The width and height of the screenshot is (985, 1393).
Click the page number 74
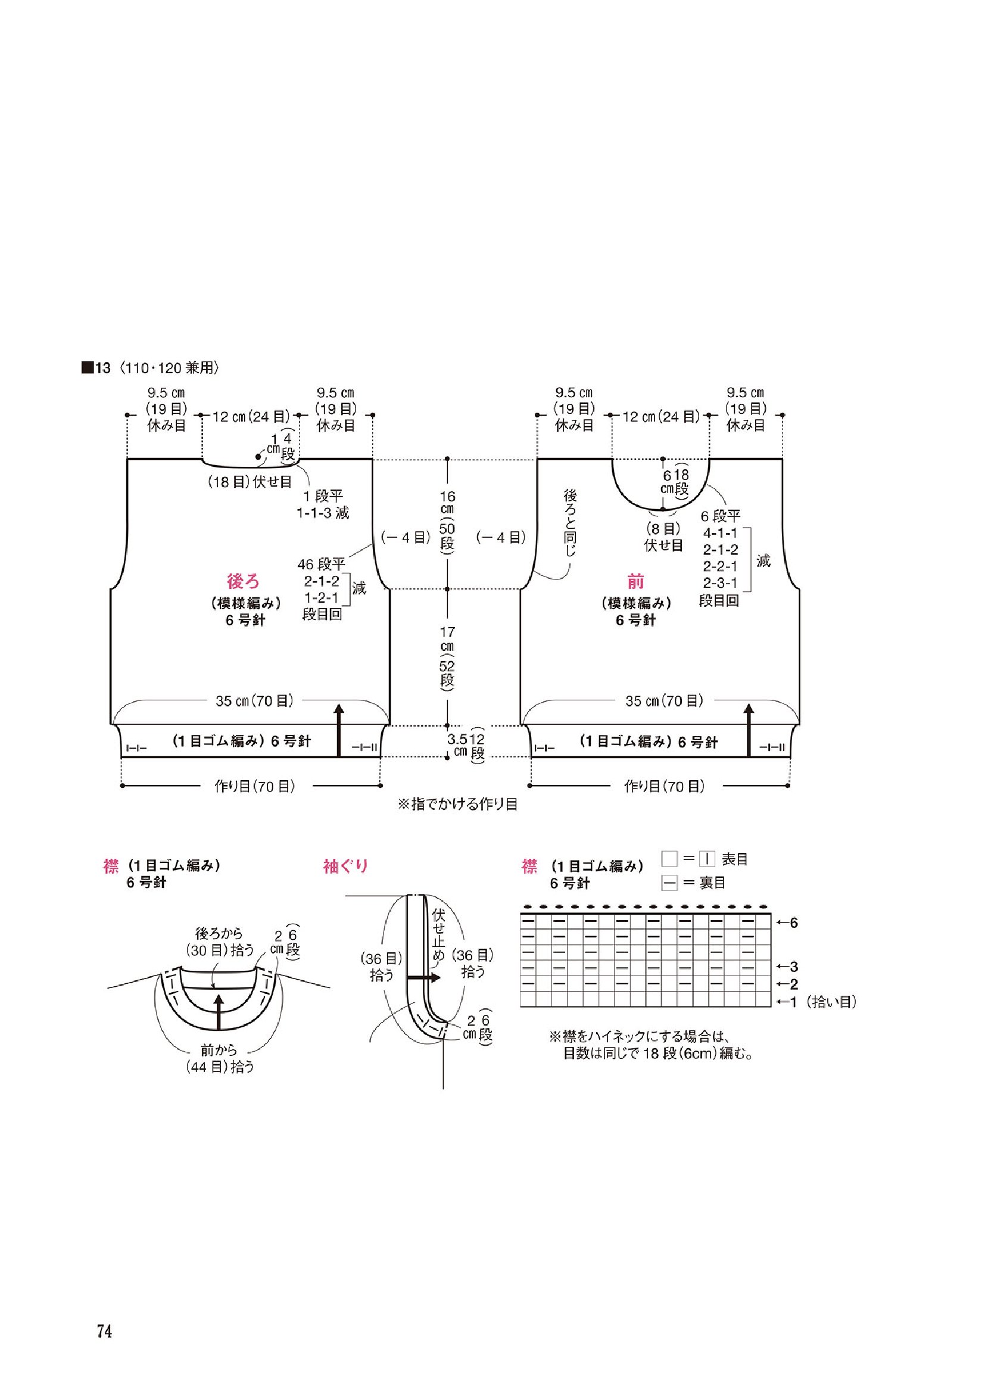[x=104, y=1316]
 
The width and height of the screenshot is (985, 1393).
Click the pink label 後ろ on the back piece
[x=244, y=582]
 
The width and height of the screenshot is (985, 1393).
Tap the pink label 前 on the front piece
[x=635, y=582]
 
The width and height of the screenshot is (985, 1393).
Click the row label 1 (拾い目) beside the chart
[x=815, y=1002]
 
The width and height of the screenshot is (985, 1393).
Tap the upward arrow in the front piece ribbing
[x=749, y=730]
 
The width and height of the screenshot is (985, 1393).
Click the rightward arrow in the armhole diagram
[x=423, y=978]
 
